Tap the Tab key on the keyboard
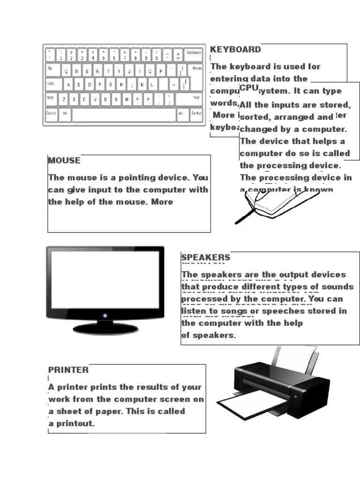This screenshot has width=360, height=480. click(x=51, y=70)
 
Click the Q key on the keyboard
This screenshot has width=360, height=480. click(x=65, y=71)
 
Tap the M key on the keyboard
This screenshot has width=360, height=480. click(x=127, y=99)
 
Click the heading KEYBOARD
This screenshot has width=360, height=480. click(x=235, y=50)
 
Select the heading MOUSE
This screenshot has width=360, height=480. click(x=64, y=160)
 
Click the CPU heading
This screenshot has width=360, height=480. click(x=249, y=88)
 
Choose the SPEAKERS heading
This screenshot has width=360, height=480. click(x=206, y=257)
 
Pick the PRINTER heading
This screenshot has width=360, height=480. click(x=68, y=370)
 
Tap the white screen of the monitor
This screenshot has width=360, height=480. click(x=105, y=278)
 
